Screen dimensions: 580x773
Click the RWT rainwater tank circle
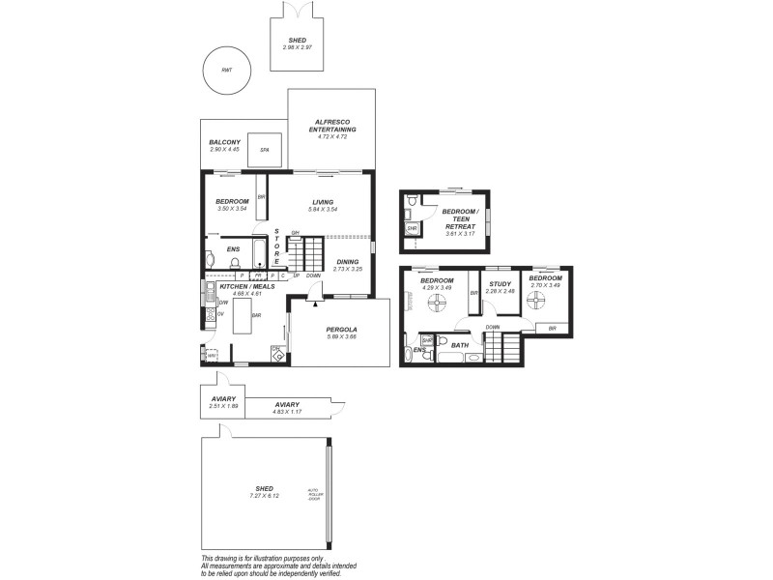click(x=226, y=71)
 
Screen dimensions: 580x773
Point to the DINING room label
click(x=348, y=261)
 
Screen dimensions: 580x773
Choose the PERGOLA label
click(x=342, y=330)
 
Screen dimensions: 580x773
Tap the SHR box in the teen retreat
click(x=413, y=229)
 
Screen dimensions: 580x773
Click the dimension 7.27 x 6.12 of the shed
click(x=265, y=496)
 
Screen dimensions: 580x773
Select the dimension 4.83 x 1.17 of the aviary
click(x=287, y=413)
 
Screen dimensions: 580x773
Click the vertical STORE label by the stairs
click(x=276, y=247)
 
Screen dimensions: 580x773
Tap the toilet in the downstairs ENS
click(x=210, y=259)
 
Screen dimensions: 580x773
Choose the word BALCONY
click(x=224, y=142)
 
